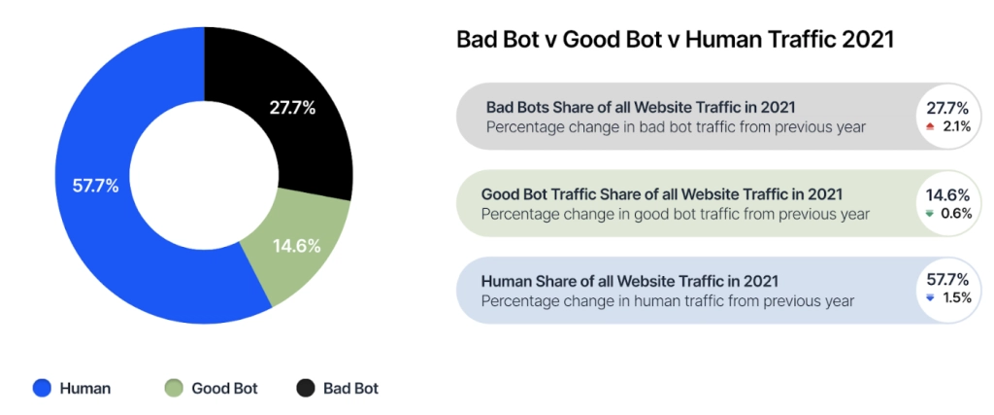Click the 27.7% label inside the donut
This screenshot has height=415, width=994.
(291, 108)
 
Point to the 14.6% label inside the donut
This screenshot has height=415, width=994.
(295, 246)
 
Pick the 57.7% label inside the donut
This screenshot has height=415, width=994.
(94, 185)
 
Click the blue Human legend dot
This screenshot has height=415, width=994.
(42, 388)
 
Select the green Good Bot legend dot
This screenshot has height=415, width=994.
(174, 388)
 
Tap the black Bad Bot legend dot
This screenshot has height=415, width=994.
(305, 388)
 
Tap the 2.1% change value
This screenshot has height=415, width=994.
(956, 126)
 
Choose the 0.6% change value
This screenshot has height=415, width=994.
(956, 214)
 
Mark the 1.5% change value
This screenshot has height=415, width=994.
(956, 298)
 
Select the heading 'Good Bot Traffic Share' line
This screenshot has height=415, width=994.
(661, 194)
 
